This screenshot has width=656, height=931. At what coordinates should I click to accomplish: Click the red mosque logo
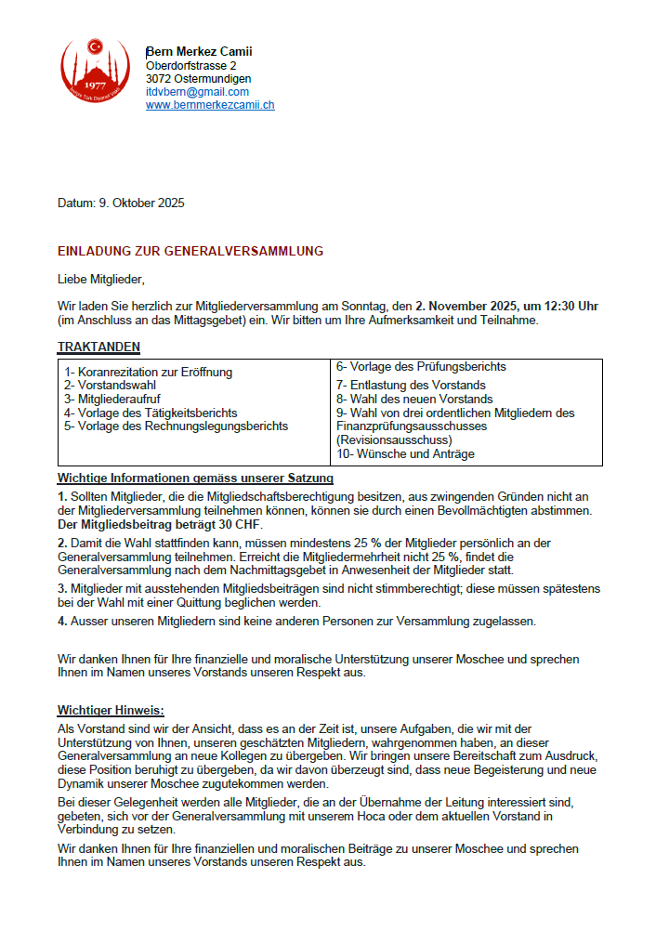pos(95,74)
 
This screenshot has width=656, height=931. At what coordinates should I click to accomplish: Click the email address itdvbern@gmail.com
pos(197,92)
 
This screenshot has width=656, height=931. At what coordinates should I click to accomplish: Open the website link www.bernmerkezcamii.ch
pos(210,105)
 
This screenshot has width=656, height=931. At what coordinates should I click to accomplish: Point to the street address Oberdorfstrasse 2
pos(190,66)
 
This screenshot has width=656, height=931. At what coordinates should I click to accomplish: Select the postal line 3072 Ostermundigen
pos(198,79)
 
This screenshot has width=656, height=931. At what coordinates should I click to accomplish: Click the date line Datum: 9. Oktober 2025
pos(121,203)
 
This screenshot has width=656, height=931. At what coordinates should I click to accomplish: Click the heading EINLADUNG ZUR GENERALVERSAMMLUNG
pos(190,251)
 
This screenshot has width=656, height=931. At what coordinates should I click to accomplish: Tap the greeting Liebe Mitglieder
pos(102,278)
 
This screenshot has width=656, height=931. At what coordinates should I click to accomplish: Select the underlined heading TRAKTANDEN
pos(98,347)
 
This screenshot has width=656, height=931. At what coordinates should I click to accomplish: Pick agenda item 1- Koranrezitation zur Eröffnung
pos(148,373)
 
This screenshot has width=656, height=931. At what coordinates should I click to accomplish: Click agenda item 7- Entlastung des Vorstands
pos(411,385)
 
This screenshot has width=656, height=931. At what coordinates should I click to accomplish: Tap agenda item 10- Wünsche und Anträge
pos(405,453)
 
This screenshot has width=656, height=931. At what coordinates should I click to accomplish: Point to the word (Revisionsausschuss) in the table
pos(394,439)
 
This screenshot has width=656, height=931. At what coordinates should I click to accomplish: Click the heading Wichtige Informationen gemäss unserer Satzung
pos(195,479)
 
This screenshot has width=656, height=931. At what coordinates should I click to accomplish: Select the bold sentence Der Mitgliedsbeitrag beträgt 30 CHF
pos(160,524)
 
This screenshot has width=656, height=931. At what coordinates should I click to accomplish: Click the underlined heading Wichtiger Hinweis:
pos(111,711)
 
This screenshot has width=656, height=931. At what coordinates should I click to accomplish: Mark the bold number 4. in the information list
pos(62,620)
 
